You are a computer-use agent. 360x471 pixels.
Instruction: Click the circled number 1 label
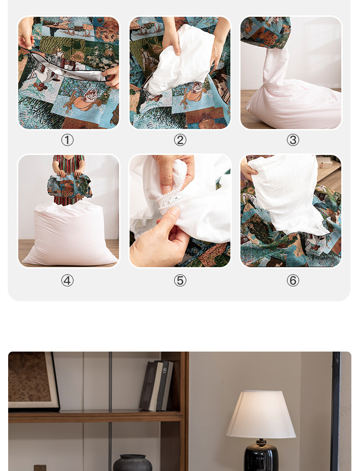[x=67, y=140]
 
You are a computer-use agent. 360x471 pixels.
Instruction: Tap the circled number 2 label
[x=180, y=140]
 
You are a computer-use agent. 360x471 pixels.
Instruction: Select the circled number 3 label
[x=293, y=140]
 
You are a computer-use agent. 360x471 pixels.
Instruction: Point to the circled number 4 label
[x=67, y=281]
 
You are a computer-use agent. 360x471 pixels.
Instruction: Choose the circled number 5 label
[x=180, y=281]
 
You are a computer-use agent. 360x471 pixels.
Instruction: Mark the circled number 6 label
[x=293, y=281]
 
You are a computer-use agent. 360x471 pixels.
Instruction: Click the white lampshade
[x=261, y=414]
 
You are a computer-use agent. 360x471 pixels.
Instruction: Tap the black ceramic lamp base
[x=261, y=457]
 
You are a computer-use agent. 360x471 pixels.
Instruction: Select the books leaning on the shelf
[x=156, y=386]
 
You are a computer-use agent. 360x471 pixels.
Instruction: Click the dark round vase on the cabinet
[x=132, y=463]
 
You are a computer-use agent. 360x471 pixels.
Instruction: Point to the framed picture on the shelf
[x=33, y=381]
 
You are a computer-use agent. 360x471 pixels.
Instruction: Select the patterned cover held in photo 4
[x=70, y=186]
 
